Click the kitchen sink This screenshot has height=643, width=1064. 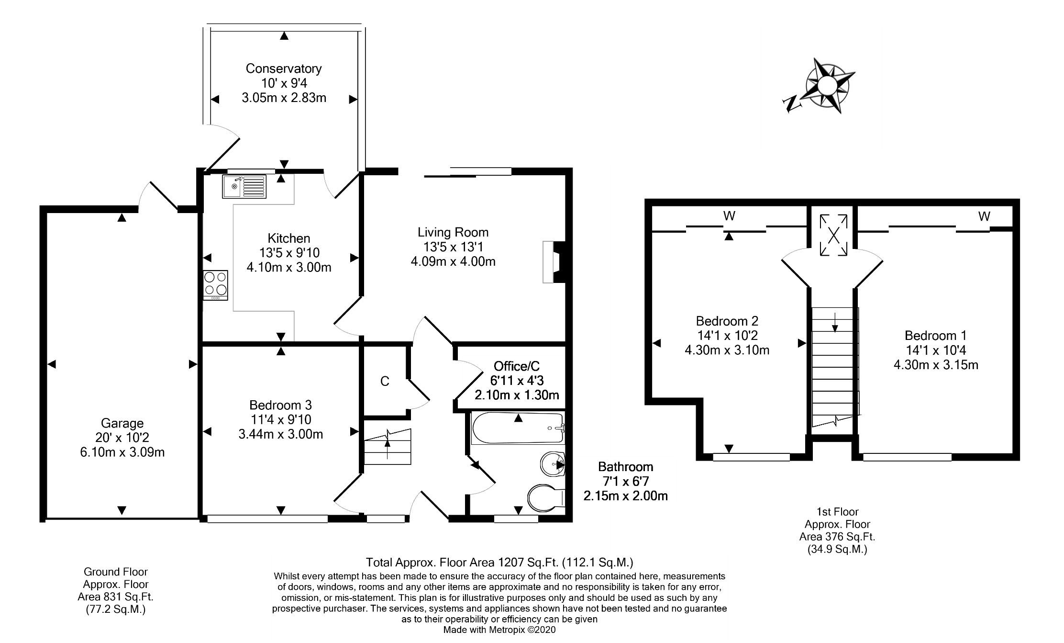tap(244, 187)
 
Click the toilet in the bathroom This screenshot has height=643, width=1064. tap(545, 498)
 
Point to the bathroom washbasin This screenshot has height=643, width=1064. tap(553, 463)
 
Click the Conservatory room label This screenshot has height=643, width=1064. tap(284, 68)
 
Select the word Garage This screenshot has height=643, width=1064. tap(122, 423)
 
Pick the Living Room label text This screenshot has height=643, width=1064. tap(453, 233)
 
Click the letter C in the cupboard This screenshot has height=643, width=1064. tap(385, 382)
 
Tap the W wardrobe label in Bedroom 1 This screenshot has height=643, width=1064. tap(984, 217)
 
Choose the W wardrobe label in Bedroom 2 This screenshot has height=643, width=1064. tap(729, 216)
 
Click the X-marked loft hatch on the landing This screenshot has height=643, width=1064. tap(833, 235)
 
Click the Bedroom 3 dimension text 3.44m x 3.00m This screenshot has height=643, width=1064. tap(281, 435)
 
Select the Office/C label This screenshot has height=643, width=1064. tap(517, 366)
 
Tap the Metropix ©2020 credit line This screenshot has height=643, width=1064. tap(499, 630)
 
